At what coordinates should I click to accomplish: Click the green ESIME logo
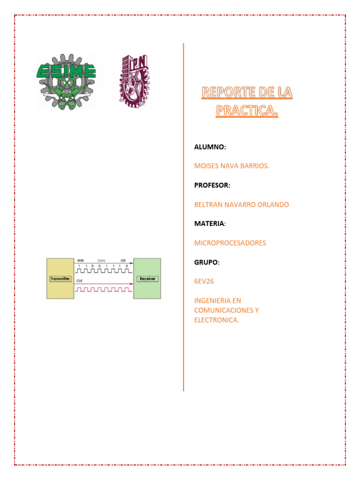[67, 82]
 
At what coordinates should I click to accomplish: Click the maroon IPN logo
[133, 79]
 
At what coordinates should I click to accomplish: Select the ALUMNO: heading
[210, 147]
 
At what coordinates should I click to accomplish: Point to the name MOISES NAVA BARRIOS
[232, 166]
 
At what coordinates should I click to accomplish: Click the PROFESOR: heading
[212, 186]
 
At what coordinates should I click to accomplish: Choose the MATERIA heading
[209, 224]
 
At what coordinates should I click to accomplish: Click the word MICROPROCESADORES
[230, 243]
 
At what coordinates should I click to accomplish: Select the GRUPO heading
[206, 262]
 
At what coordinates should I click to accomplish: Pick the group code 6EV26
[204, 282]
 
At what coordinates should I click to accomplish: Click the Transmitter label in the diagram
[60, 279]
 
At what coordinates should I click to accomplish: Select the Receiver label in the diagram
[147, 279]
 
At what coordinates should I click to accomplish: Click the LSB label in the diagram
[123, 260]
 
